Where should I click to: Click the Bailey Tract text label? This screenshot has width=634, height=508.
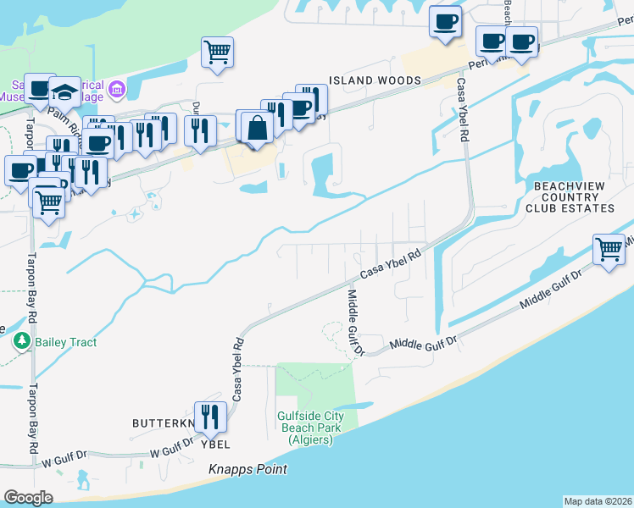66,342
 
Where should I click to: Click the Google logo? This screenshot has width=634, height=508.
28,498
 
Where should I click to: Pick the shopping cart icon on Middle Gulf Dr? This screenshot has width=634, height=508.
609,250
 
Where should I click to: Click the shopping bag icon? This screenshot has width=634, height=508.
257,129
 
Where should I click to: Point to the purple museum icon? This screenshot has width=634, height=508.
117,88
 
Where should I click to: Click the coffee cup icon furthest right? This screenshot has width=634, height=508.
522,41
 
